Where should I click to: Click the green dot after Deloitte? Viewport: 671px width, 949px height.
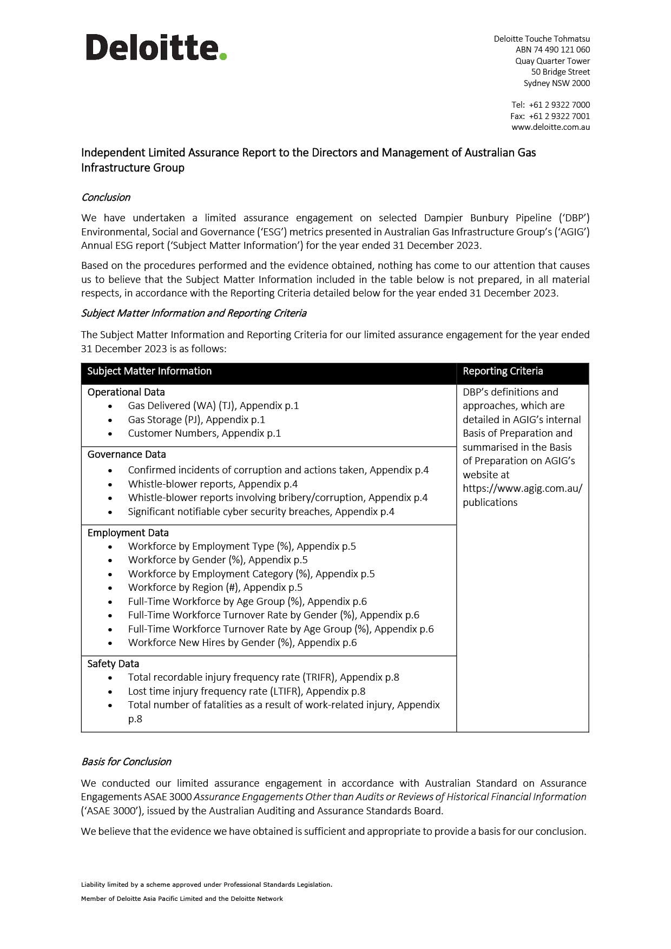223,56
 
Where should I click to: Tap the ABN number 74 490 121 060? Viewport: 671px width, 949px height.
552,50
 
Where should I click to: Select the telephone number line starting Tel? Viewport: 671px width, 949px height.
550,105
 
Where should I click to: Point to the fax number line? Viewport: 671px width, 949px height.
550,116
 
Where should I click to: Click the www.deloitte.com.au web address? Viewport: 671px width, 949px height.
550,127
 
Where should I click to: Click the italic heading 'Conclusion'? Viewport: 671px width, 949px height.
106,197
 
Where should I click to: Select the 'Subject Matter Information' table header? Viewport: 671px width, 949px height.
149,371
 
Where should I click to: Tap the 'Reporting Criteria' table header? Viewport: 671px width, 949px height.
503,371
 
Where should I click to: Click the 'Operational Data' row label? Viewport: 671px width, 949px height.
126,392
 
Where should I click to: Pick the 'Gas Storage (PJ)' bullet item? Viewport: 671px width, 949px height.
196,420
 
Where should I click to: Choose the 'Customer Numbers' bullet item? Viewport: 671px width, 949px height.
204,433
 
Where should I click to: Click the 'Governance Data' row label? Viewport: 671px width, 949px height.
127,454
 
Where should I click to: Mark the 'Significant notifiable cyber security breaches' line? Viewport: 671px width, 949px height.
261,512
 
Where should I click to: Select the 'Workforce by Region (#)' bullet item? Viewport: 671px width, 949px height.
215,588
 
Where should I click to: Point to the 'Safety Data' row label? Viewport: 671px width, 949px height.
113,664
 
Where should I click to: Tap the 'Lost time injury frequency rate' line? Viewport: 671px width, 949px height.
246,691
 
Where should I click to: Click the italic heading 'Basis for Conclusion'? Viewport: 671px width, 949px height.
126,762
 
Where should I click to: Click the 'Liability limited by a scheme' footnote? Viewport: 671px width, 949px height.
206,885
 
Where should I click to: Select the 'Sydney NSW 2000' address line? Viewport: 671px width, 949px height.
556,83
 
